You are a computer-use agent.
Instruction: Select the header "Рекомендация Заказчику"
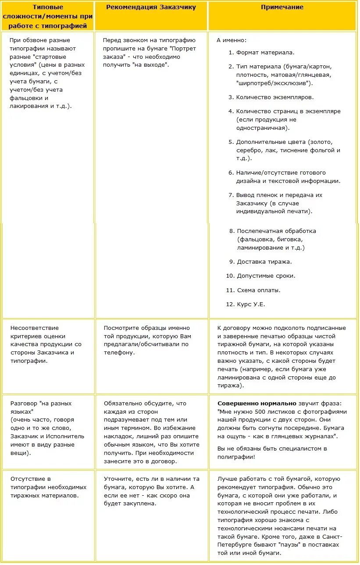pyautogui.click(x=151, y=7)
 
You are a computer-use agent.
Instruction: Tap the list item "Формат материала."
pyautogui.click(x=265, y=52)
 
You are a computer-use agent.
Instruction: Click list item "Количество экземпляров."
pyautogui.click(x=274, y=97)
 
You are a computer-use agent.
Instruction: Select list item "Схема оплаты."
pyautogui.click(x=258, y=290)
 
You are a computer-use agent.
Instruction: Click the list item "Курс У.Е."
pyautogui.click(x=251, y=304)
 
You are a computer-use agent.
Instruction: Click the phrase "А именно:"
pyautogui.click(x=232, y=40)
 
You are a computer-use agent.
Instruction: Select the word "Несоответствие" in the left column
pyautogui.click(x=35, y=328)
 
